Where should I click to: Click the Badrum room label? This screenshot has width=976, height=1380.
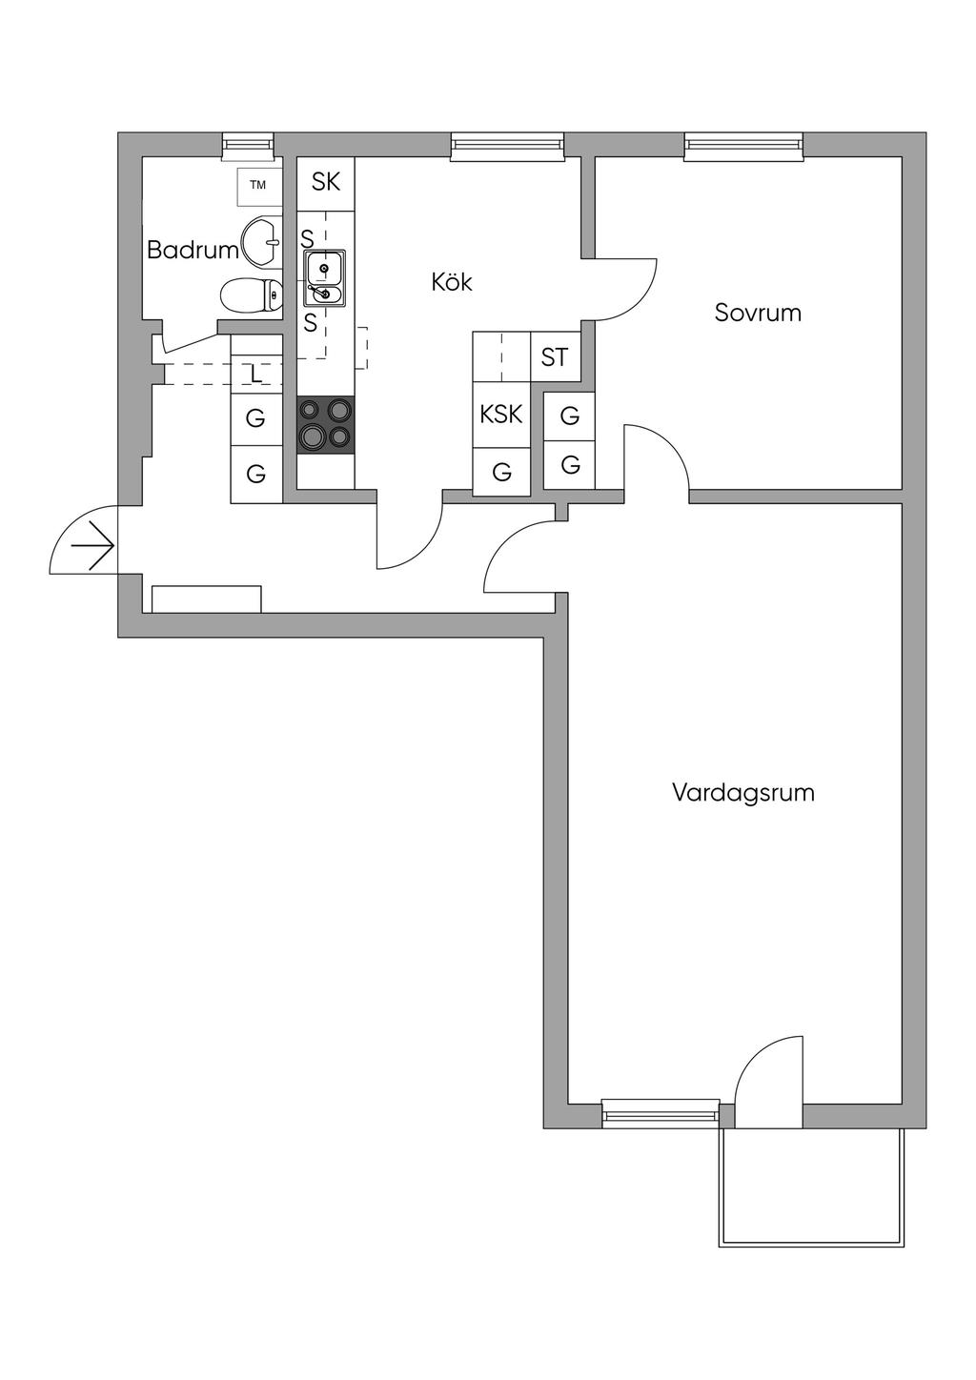click(193, 251)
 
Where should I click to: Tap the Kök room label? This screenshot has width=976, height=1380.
click(452, 283)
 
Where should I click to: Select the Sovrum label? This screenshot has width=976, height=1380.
click(758, 313)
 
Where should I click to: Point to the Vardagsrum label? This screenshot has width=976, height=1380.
click(743, 793)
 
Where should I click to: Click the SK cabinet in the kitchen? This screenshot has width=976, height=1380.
click(326, 182)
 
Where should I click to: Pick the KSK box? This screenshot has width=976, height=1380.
click(501, 415)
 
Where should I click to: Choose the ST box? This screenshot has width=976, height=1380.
click(555, 357)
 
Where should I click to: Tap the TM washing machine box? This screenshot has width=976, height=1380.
click(258, 186)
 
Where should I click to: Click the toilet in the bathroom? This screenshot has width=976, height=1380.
click(251, 295)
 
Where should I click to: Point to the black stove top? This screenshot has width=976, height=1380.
click(325, 424)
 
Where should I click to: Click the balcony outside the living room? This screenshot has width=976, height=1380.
click(811, 1187)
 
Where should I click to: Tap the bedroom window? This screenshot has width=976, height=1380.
click(743, 144)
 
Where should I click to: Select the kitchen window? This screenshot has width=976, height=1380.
click(507, 144)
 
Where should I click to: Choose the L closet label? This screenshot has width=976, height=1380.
click(255, 375)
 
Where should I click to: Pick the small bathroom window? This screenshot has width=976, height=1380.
click(248, 144)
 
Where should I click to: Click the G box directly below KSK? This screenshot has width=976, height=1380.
click(501, 471)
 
